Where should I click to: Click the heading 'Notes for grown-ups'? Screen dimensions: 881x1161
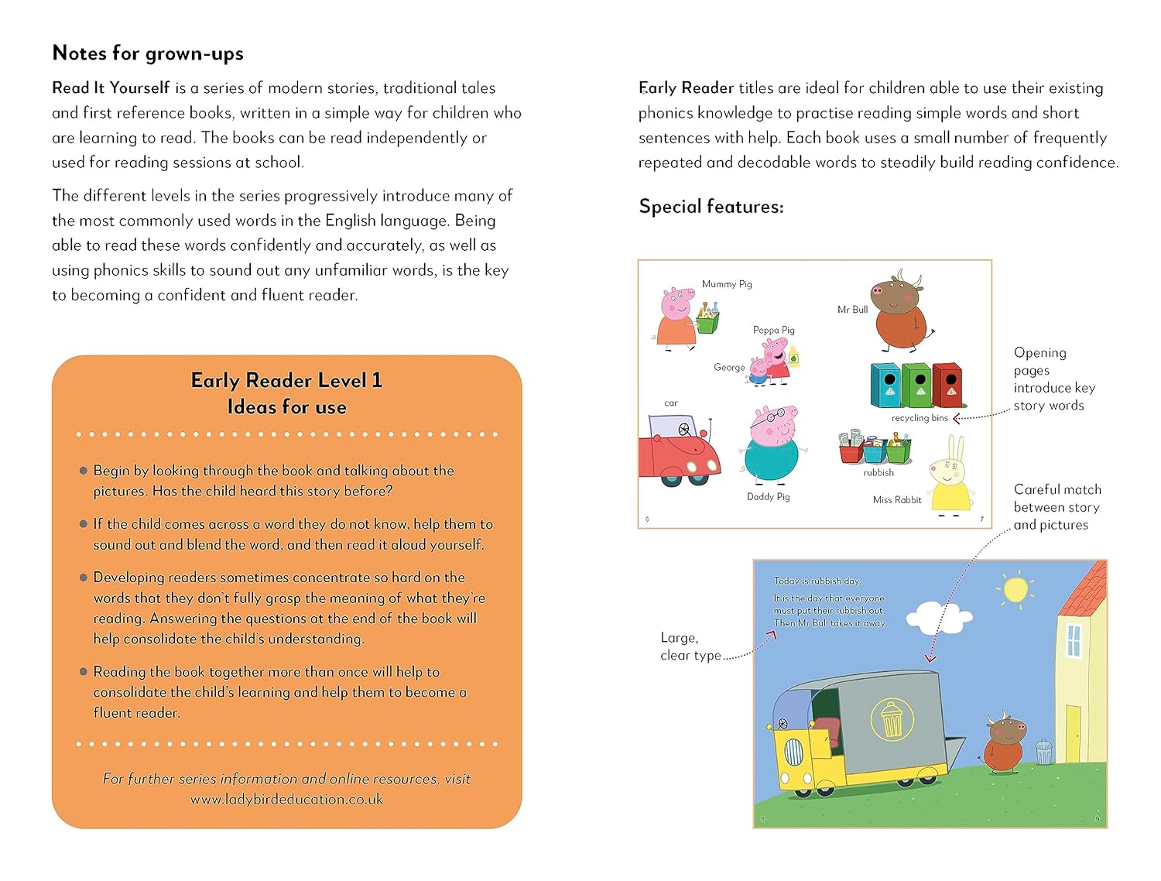[x=148, y=53]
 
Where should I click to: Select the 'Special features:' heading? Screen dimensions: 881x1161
[x=711, y=207]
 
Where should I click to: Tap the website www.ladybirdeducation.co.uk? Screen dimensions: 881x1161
[x=286, y=800]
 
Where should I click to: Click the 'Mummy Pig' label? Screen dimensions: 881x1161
[x=727, y=284]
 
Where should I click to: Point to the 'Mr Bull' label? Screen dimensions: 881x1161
[x=852, y=310]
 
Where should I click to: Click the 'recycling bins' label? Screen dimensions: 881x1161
[x=920, y=418]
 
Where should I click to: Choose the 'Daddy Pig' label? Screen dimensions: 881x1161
[x=768, y=497]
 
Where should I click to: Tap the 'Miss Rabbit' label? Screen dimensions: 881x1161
[x=897, y=500]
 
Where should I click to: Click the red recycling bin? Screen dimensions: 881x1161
[x=947, y=385]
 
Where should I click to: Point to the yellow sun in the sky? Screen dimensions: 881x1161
[x=1015, y=590]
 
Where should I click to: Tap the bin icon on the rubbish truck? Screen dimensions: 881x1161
[x=892, y=719]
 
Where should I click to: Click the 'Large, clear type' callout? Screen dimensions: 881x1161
[x=690, y=646]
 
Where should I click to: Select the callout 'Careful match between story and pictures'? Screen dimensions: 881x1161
[x=1057, y=507]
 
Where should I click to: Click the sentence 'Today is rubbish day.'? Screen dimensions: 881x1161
[x=817, y=581]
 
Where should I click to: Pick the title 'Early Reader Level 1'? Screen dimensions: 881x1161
[x=286, y=380]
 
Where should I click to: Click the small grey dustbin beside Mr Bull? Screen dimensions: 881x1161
[x=1043, y=752]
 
